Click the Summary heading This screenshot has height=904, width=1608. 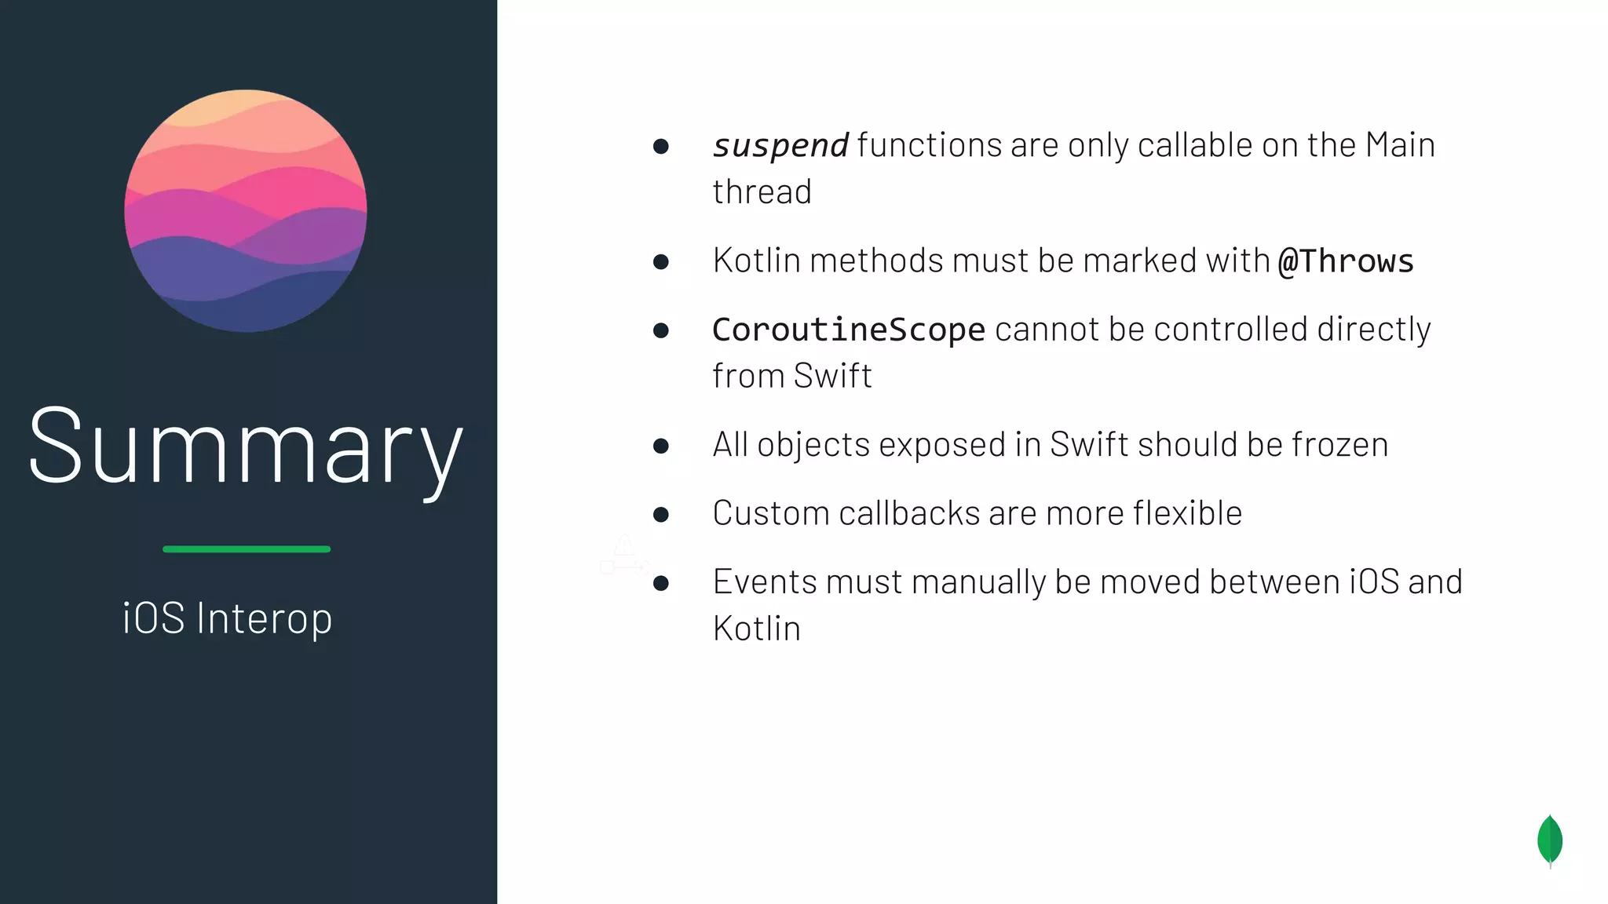click(245, 448)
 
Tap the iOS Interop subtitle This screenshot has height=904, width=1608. click(228, 618)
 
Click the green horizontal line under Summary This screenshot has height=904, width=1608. click(247, 549)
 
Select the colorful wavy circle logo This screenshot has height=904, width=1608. click(246, 210)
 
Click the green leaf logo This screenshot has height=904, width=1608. click(1550, 840)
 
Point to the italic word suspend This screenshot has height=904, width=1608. click(780, 146)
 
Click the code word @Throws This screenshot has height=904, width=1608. click(1346, 261)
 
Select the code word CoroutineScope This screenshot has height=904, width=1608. click(848, 330)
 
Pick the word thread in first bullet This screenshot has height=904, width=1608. click(762, 192)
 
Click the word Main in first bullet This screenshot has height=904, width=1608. click(1400, 145)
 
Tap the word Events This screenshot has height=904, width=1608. click(764, 582)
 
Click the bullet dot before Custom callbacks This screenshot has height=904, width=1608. click(661, 515)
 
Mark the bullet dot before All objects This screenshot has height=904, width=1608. click(661, 447)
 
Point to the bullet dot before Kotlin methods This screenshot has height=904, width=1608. click(661, 262)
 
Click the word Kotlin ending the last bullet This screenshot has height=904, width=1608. click(756, 629)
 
